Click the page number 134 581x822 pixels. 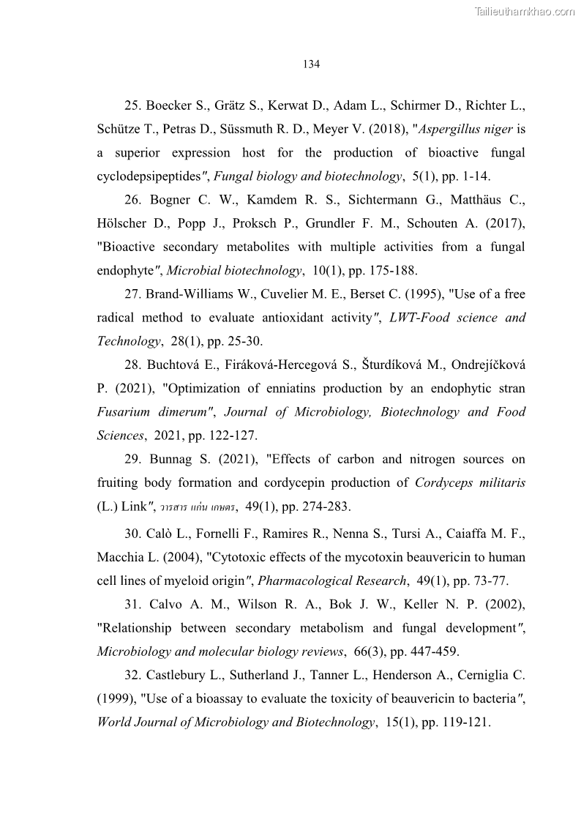[311, 64]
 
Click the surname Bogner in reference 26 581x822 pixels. [170, 200]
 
